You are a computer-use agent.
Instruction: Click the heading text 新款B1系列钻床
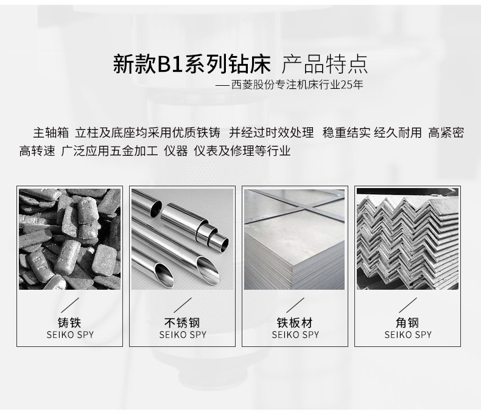pos(192,64)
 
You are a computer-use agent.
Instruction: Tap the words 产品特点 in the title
pos(325,64)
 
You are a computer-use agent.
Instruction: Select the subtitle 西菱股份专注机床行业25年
pos(297,85)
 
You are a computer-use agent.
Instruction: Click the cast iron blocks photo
pos(69,239)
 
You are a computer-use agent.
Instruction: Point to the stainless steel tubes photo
pos(182,239)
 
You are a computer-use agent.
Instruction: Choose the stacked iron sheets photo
pos(295,239)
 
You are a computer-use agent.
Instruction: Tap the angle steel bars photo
pos(407,239)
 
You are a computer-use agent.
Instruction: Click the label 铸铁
pos(69,323)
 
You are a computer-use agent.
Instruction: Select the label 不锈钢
pos(182,323)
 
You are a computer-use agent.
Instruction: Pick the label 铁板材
pos(295,323)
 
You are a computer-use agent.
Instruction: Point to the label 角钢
pos(407,323)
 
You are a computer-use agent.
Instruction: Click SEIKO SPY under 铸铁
pos(70,334)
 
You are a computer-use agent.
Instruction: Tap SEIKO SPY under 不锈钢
pos(183,334)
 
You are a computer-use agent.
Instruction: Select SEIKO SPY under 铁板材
pos(295,334)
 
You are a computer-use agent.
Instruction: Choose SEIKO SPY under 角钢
pos(408,334)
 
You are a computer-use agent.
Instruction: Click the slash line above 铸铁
pos(70,306)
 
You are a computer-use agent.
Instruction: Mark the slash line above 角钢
pos(408,306)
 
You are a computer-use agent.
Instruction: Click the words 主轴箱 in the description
pos(51,133)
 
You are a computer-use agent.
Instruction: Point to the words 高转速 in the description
pos(37,151)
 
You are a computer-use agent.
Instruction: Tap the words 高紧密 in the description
pos(446,133)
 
